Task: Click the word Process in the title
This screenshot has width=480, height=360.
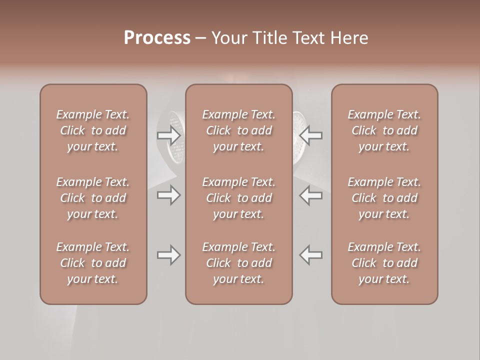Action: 157,37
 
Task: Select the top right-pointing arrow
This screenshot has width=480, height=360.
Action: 169,135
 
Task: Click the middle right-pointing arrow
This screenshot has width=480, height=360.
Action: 169,195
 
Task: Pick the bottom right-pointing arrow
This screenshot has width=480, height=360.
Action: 169,255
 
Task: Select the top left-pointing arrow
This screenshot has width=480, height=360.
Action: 311,135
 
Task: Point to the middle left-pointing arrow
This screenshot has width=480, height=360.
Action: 311,195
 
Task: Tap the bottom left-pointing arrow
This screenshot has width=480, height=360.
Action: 311,255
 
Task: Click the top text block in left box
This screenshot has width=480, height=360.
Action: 93,130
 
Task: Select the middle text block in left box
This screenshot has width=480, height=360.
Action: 93,198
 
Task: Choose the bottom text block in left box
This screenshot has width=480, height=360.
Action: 93,263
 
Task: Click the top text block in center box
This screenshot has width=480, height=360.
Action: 239,130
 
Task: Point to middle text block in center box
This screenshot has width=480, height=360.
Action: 239,198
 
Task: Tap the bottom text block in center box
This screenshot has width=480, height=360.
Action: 239,263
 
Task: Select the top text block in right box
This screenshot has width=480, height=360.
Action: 384,130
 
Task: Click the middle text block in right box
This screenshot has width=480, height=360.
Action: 384,198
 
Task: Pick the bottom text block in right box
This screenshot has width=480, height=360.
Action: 384,263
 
